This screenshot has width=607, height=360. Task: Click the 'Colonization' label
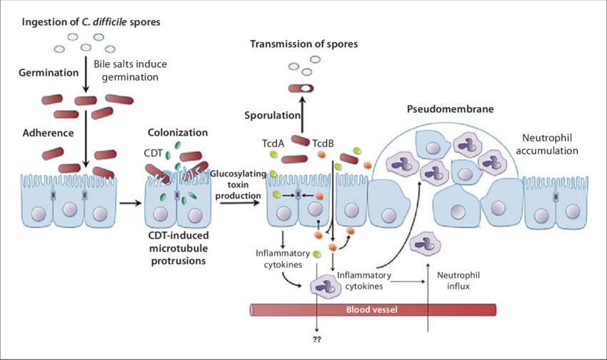click(178, 133)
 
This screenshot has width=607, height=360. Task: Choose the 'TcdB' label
click(323, 143)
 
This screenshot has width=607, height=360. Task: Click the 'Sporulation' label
click(269, 116)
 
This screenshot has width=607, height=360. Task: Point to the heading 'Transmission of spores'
click(303, 45)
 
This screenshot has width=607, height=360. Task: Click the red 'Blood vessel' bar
click(371, 309)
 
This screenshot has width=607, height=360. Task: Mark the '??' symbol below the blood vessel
click(317, 339)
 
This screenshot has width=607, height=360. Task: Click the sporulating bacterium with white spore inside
click(302, 88)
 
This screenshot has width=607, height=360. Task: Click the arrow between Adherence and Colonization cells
click(129, 203)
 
